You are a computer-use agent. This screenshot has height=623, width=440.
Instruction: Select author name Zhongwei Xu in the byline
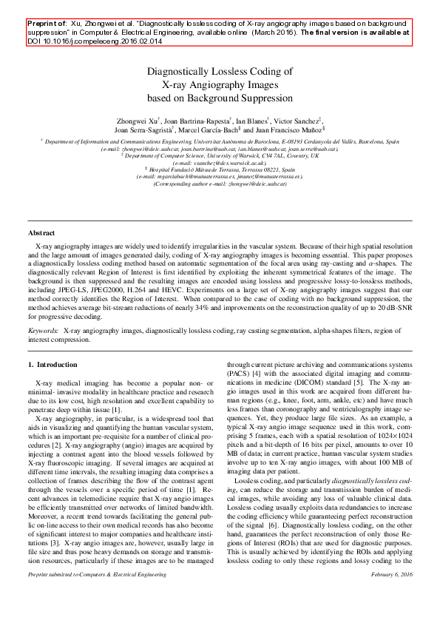point(137,119)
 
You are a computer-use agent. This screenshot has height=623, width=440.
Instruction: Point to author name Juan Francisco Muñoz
point(287,130)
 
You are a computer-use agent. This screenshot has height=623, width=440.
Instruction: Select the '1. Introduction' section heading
point(52,365)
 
